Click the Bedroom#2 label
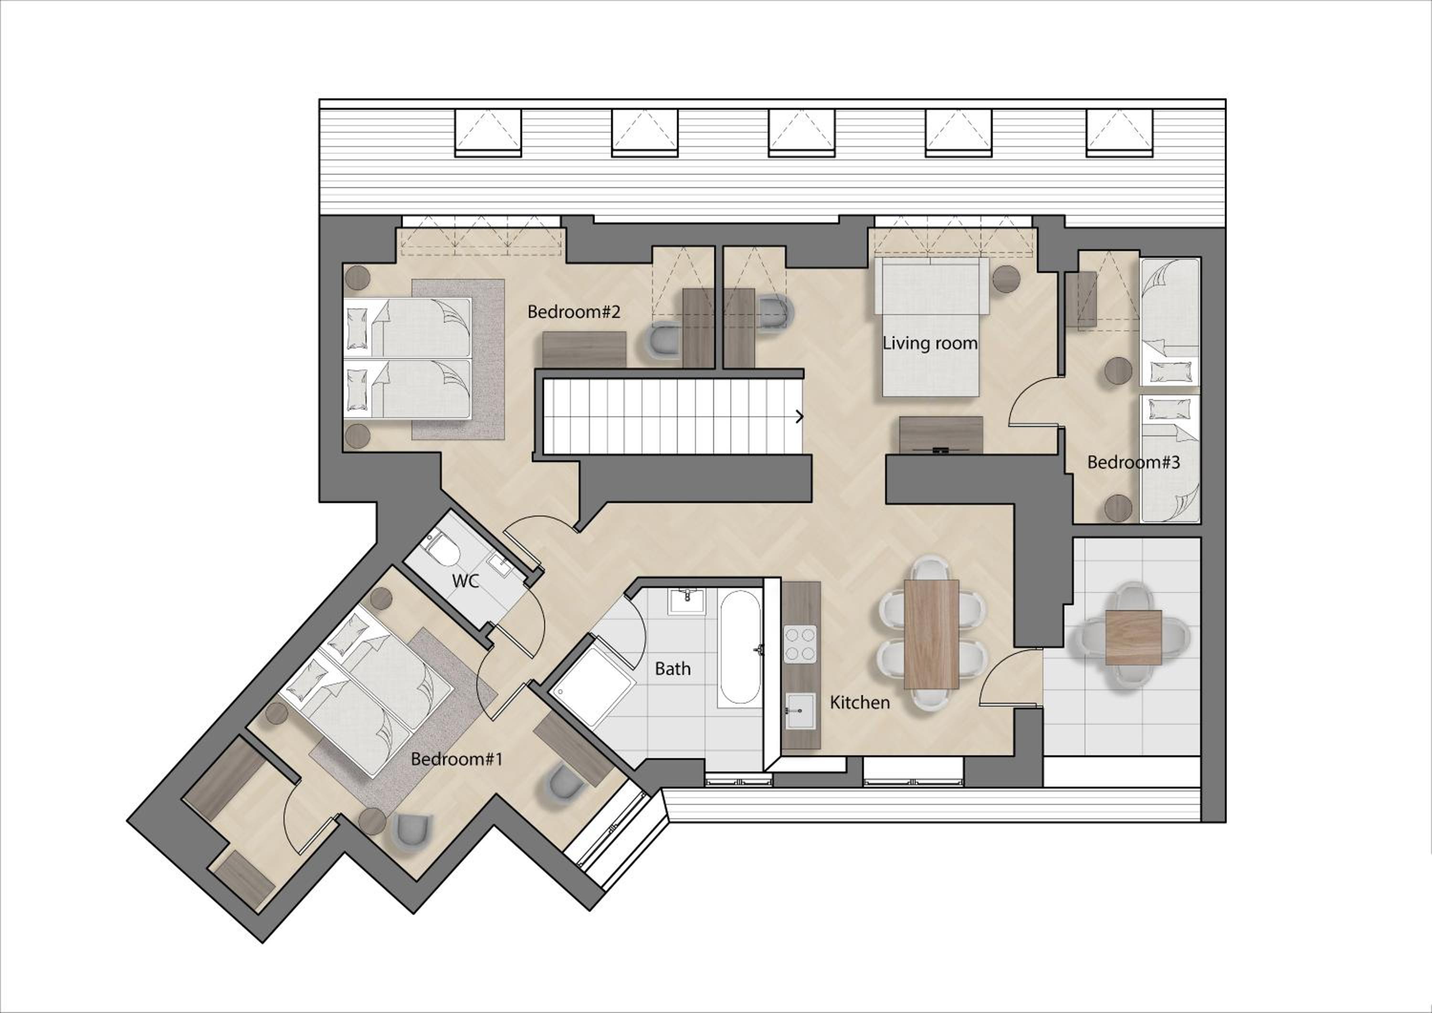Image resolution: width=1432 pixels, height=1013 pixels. coord(574,312)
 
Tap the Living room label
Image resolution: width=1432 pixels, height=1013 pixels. coord(930,343)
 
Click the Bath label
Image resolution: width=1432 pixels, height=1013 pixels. coord(673,669)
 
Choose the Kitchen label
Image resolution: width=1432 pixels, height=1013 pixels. coord(860,702)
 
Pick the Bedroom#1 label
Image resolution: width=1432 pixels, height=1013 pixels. coord(456,759)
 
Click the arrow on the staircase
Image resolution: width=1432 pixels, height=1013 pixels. coord(799,417)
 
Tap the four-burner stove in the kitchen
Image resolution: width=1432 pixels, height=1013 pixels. coord(800,644)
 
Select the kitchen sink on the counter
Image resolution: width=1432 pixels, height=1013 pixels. coord(800,710)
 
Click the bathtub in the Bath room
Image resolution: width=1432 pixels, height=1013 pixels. coord(740,649)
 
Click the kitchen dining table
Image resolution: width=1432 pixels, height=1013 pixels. coord(931,634)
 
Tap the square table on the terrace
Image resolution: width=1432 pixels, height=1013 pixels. coord(1133,637)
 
